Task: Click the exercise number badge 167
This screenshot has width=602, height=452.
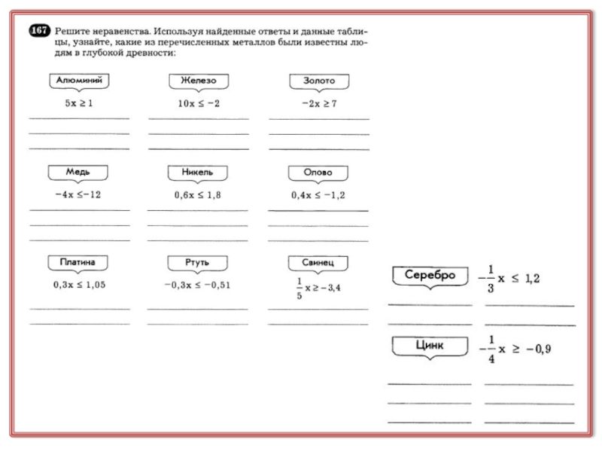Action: pyautogui.click(x=38, y=32)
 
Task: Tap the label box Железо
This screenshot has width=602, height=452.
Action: pyautogui.click(x=198, y=79)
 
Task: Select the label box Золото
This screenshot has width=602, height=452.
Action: pyautogui.click(x=318, y=79)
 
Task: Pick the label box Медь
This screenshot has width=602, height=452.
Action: pyautogui.click(x=78, y=172)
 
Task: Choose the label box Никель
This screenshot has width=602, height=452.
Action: pyautogui.click(x=197, y=172)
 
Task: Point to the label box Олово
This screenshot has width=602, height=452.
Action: pyautogui.click(x=318, y=172)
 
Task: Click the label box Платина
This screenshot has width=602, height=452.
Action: pyautogui.click(x=78, y=262)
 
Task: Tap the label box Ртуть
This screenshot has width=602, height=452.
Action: pyautogui.click(x=197, y=262)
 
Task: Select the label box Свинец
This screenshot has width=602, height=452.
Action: pyautogui.click(x=318, y=262)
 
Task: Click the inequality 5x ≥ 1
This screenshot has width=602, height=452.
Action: pyautogui.click(x=78, y=103)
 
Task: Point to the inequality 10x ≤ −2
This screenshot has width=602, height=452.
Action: pyautogui.click(x=199, y=103)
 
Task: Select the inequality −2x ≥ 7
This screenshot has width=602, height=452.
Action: pyautogui.click(x=318, y=103)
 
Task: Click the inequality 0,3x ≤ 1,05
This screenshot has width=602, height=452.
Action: pyautogui.click(x=79, y=285)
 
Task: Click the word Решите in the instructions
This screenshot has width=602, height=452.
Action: pyautogui.click(x=73, y=32)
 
